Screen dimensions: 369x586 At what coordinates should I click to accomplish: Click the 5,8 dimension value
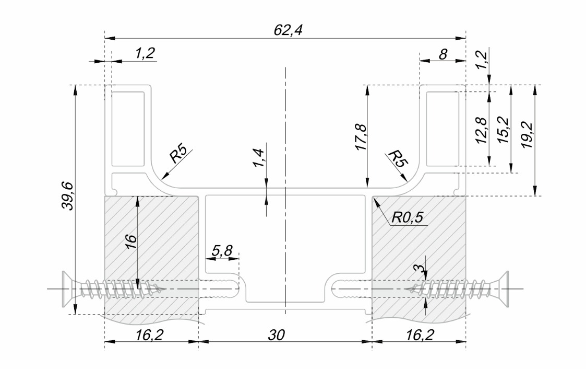pos(222,251)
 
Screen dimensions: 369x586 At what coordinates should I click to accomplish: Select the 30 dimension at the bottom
pos(285,336)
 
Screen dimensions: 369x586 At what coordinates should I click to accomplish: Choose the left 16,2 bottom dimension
pos(151,336)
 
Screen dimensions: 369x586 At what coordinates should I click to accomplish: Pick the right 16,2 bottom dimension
pos(418,336)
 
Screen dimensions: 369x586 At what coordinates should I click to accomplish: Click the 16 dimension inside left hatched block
pos(130,240)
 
